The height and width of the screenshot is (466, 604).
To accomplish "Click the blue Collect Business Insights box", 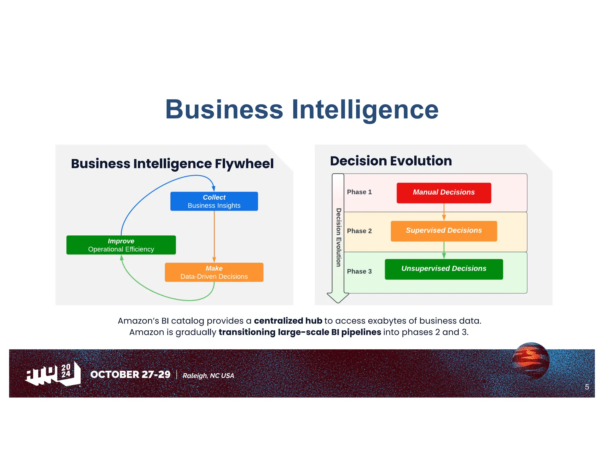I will click(214, 201).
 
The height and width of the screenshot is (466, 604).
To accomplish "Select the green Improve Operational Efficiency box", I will click(121, 245).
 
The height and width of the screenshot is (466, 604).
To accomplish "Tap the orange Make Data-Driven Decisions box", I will click(214, 272).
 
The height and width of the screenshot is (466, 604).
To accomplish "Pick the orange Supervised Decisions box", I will click(444, 231).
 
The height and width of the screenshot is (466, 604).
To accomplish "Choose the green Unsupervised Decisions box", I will click(444, 269).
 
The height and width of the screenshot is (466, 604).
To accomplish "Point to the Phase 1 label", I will click(359, 192).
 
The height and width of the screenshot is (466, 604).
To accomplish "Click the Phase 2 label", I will click(359, 231).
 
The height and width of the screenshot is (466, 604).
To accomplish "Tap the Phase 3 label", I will click(359, 271).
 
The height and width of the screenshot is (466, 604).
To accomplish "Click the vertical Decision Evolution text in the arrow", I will click(338, 237).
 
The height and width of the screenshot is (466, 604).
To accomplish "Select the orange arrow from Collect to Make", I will click(214, 236).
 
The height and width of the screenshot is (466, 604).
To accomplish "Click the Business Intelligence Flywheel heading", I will click(172, 164).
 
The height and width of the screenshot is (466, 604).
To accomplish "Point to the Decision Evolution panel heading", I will click(391, 161).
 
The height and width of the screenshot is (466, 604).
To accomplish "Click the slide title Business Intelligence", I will click(302, 110).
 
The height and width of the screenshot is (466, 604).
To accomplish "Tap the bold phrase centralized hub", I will click(288, 320).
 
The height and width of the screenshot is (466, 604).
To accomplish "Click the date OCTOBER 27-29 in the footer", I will click(130, 374).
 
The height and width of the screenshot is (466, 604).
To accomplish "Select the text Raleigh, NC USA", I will click(208, 376).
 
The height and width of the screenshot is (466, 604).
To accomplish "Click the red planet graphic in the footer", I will click(531, 360).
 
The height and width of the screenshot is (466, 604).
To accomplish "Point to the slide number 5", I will click(587, 387).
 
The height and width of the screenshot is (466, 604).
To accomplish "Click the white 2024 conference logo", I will click(53, 374).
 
